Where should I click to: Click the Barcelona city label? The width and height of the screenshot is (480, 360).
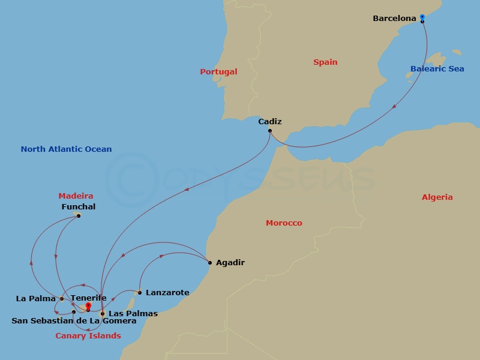[394, 19]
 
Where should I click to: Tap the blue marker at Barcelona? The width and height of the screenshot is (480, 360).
[422, 17]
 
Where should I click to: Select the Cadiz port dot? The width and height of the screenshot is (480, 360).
[270, 131]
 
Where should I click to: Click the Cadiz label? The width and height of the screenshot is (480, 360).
[270, 122]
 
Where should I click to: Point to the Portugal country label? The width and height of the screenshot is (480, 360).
[218, 72]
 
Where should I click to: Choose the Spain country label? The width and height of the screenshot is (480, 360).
[325, 62]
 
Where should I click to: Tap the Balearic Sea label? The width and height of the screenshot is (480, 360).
[437, 69]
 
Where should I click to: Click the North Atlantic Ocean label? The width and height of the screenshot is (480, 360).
[66, 149]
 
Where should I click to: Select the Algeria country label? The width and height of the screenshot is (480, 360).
[437, 197]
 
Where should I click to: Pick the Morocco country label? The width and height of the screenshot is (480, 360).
[284, 223]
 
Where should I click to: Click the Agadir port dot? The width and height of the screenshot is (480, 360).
[209, 262]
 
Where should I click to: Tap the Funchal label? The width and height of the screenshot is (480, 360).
[79, 207]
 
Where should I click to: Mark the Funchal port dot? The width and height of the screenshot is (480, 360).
[79, 215]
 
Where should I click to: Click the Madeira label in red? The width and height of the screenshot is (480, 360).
[76, 196]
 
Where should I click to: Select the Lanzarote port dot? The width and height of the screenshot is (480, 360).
[140, 293]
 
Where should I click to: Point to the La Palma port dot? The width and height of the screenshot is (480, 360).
[62, 299]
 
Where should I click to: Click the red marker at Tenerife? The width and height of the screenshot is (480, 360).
[88, 307]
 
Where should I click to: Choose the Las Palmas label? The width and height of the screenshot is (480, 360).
[133, 314]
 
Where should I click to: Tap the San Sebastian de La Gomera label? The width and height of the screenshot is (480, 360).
[74, 321]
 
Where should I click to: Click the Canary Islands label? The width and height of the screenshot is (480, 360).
[88, 336]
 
